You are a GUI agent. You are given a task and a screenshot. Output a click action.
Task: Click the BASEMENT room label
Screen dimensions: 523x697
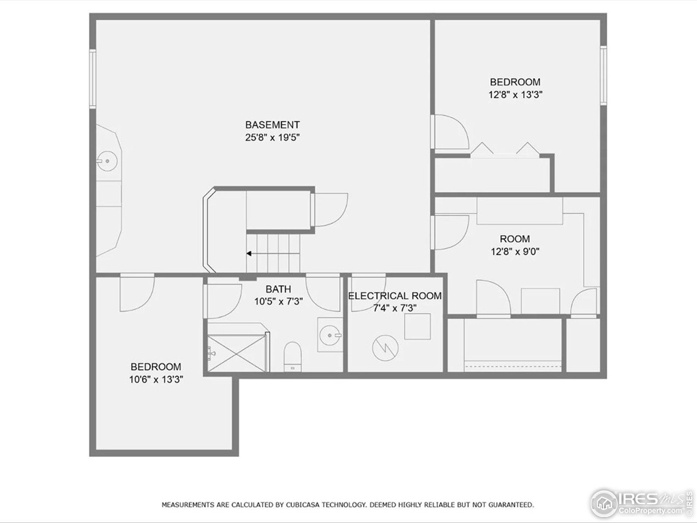(x=272, y=125)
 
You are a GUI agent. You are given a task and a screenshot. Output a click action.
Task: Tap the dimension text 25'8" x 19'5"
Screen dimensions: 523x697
(x=272, y=137)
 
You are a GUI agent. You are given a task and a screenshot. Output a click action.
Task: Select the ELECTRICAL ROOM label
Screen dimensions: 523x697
(x=395, y=296)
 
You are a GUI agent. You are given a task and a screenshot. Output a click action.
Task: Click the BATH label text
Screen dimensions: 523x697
(x=278, y=289)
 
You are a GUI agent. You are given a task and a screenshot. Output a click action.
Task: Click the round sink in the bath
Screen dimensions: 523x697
(x=330, y=334)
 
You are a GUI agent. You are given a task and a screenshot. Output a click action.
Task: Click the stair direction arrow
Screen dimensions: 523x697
(x=248, y=253)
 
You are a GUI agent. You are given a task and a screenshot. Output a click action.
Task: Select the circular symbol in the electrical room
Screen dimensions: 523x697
(x=385, y=348)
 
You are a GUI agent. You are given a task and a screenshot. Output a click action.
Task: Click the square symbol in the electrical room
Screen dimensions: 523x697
(x=417, y=326)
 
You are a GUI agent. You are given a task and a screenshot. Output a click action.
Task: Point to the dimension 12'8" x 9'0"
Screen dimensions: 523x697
(x=515, y=251)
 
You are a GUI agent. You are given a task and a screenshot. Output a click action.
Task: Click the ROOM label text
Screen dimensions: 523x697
(x=515, y=239)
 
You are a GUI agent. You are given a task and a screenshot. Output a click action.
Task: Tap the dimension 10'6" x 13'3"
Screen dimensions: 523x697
(x=156, y=379)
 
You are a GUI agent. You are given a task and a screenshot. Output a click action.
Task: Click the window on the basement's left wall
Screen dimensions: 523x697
(x=93, y=78)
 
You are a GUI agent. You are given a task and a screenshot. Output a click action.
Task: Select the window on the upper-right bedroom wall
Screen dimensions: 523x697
(x=603, y=75)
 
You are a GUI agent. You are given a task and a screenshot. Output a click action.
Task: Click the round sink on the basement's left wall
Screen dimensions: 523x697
(x=107, y=161)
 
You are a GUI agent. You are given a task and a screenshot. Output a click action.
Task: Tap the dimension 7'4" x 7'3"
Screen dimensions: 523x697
(x=395, y=308)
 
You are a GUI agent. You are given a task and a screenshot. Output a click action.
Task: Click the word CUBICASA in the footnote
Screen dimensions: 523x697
(x=302, y=505)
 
